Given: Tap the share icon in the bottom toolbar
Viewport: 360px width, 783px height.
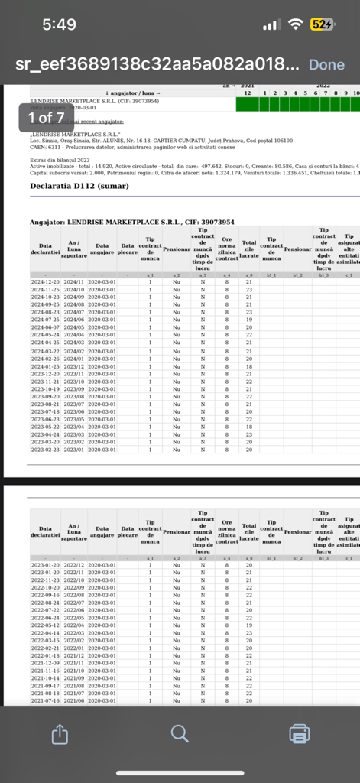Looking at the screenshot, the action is pyautogui.click(x=60, y=734).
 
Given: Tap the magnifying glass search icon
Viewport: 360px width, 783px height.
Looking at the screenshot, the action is pyautogui.click(x=180, y=734).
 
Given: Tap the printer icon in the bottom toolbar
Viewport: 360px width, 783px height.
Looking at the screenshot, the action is pyautogui.click(x=300, y=734).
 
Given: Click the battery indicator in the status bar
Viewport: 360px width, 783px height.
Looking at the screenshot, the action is pyautogui.click(x=321, y=24).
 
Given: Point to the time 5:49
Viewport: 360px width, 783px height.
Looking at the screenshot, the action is pyautogui.click(x=59, y=24).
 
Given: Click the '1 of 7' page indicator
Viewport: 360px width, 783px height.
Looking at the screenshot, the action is pyautogui.click(x=46, y=118).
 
